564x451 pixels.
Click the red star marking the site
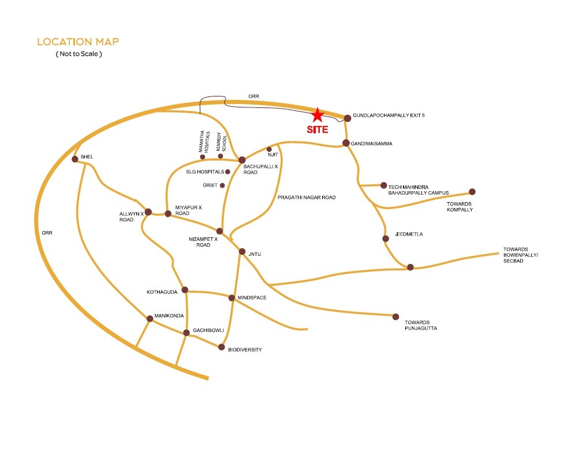(318, 114)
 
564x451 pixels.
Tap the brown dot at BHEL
(74, 159)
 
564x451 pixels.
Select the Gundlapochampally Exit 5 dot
(348, 118)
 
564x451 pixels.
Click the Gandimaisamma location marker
(346, 143)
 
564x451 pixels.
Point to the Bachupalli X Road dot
(242, 159)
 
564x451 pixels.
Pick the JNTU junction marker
(242, 252)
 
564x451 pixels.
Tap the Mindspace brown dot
(231, 298)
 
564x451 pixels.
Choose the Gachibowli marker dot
(186, 333)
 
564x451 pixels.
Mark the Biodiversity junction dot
(221, 347)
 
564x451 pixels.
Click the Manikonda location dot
(150, 318)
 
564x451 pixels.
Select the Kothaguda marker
(185, 290)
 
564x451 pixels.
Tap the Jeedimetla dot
(386, 238)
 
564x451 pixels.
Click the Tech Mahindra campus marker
(383, 185)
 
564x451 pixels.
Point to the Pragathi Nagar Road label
(307, 197)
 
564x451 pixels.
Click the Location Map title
(78, 42)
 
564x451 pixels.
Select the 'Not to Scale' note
(79, 54)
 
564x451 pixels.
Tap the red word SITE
(317, 130)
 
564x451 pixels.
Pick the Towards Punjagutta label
(421, 325)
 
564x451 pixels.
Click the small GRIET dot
(223, 185)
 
